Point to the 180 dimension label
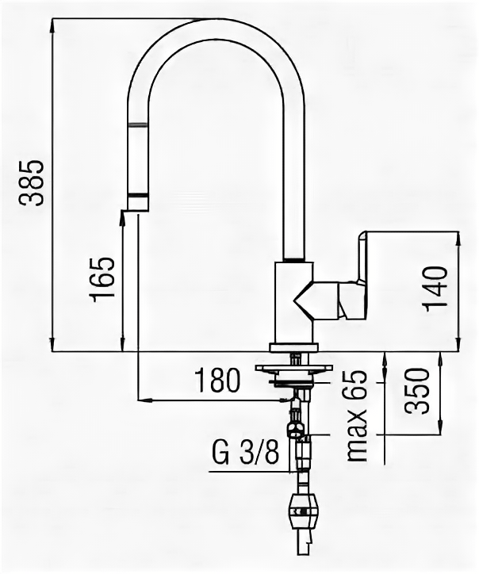tap(219, 381)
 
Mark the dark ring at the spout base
tap(294, 259)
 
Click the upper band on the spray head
tap(138, 124)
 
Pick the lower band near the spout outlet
tap(138, 194)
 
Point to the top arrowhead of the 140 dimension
tap(458, 235)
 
